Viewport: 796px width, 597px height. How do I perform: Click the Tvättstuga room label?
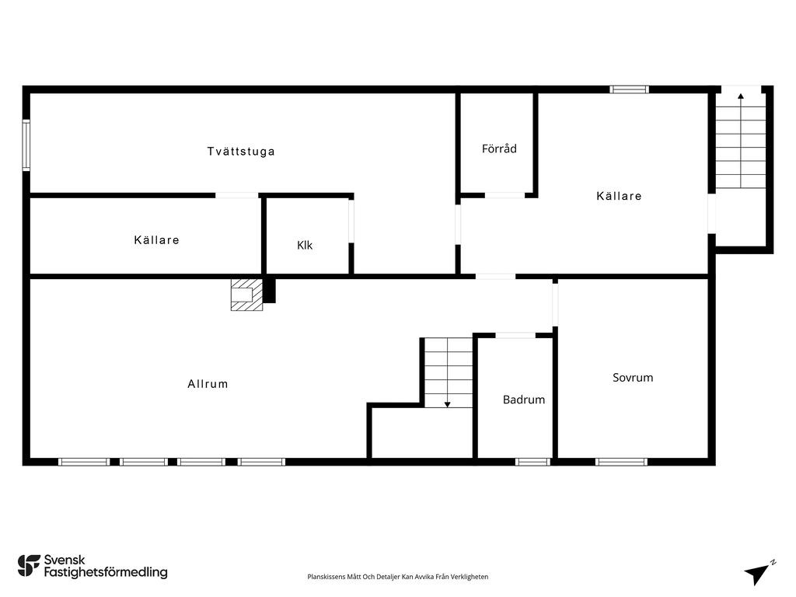pyautogui.click(x=241, y=152)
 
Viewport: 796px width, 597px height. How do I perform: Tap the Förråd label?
pyautogui.click(x=500, y=148)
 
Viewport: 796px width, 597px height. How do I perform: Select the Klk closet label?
pyautogui.click(x=305, y=245)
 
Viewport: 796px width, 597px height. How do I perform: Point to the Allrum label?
pyautogui.click(x=208, y=384)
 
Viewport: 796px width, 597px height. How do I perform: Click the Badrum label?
pyautogui.click(x=524, y=400)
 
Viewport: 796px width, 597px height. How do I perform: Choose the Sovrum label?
pyautogui.click(x=633, y=377)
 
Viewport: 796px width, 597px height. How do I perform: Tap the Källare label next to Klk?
pyautogui.click(x=156, y=239)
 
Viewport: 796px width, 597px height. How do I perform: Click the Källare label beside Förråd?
pyautogui.click(x=619, y=195)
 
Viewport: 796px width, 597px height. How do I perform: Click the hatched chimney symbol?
pyautogui.click(x=246, y=295)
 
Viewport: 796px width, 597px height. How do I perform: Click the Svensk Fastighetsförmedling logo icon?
pyautogui.click(x=29, y=566)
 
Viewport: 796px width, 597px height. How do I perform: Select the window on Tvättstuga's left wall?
pyautogui.click(x=26, y=145)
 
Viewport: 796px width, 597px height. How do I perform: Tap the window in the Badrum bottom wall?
pyautogui.click(x=532, y=462)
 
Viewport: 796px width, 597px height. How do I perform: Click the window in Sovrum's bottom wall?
pyautogui.click(x=621, y=462)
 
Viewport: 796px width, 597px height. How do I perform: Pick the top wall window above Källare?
pyautogui.click(x=630, y=89)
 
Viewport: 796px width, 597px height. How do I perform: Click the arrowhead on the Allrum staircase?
pyautogui.click(x=447, y=404)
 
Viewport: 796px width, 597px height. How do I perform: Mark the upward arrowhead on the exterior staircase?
pyautogui.click(x=741, y=96)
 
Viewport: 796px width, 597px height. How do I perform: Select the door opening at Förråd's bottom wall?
pyautogui.click(x=504, y=195)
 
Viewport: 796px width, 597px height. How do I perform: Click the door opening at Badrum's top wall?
pyautogui.click(x=515, y=335)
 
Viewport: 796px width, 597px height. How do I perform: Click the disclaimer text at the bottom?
pyautogui.click(x=397, y=577)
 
